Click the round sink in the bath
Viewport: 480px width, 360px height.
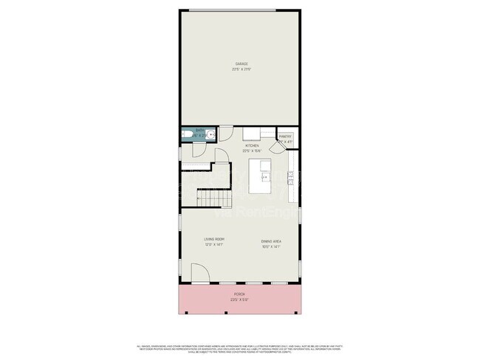[211, 135]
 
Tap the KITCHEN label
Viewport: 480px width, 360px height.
[252, 146]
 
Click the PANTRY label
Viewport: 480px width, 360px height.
[285, 136]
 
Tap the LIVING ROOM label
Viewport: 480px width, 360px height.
[213, 240]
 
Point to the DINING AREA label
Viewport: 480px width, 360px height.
[270, 240]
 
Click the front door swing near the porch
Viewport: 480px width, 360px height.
[200, 274]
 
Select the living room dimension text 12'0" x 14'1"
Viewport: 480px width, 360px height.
[213, 246]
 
